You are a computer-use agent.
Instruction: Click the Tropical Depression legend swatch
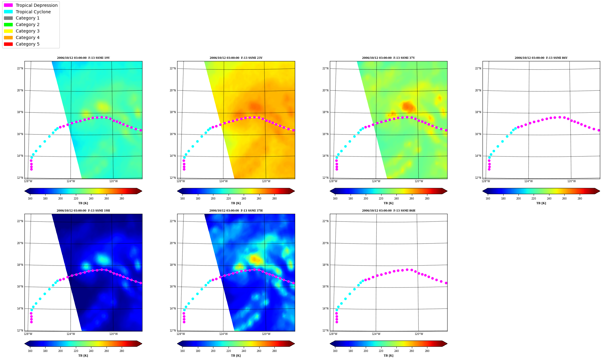pos(8,5)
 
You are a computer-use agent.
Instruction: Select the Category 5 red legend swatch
pos(8,44)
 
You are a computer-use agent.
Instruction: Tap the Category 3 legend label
pos(28,31)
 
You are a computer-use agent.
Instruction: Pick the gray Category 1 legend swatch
pos(8,18)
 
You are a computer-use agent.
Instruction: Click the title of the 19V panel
pos(83,58)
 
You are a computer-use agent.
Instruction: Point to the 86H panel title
pos(389,211)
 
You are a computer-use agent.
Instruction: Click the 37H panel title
pos(236,211)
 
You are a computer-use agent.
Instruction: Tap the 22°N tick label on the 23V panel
pos(173,68)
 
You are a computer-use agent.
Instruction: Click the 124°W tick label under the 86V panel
pos(529,181)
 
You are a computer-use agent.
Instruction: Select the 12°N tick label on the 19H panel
pos(20,331)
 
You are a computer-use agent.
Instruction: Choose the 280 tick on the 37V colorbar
pos(427,199)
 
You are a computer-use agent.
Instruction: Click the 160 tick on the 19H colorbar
pos(30,351)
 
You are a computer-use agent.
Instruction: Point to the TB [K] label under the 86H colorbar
pos(389,356)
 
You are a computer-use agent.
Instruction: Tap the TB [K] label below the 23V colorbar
pos(236,203)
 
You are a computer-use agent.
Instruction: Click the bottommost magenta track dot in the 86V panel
pos(489,169)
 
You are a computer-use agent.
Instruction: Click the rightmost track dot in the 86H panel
pos(446,283)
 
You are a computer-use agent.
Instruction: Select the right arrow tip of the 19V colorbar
pos(142,191)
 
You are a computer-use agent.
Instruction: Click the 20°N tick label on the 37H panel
pos(173,243)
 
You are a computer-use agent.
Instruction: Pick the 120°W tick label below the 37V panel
pos(419,181)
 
